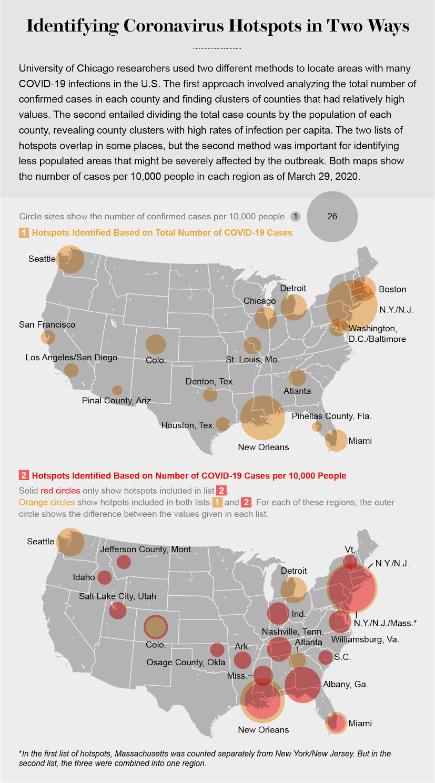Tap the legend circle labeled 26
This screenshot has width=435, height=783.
pyautogui.click(x=332, y=216)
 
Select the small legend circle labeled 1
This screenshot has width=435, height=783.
pyautogui.click(x=295, y=216)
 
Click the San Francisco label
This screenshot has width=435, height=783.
pyautogui.click(x=47, y=324)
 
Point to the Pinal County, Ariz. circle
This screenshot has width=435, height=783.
pyautogui.click(x=117, y=390)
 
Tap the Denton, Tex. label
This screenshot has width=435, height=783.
pyautogui.click(x=210, y=381)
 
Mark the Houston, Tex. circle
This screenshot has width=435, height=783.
pyautogui.click(x=223, y=424)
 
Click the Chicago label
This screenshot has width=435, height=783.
pyautogui.click(x=259, y=301)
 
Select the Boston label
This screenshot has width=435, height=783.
pyautogui.click(x=392, y=289)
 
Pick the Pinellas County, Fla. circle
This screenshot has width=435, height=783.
pyautogui.click(x=317, y=426)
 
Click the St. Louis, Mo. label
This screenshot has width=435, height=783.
pyautogui.click(x=252, y=360)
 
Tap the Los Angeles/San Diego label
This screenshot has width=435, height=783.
pyautogui.click(x=72, y=358)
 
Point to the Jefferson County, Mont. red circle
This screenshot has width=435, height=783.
pyautogui.click(x=124, y=562)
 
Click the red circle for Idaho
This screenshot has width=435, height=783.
pyautogui.click(x=105, y=577)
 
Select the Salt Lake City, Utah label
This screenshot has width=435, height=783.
pyautogui.click(x=117, y=596)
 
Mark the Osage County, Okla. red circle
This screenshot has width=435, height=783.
pyautogui.click(x=217, y=650)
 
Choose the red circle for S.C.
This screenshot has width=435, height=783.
pyautogui.click(x=326, y=657)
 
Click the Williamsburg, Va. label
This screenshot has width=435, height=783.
pyautogui.click(x=365, y=639)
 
